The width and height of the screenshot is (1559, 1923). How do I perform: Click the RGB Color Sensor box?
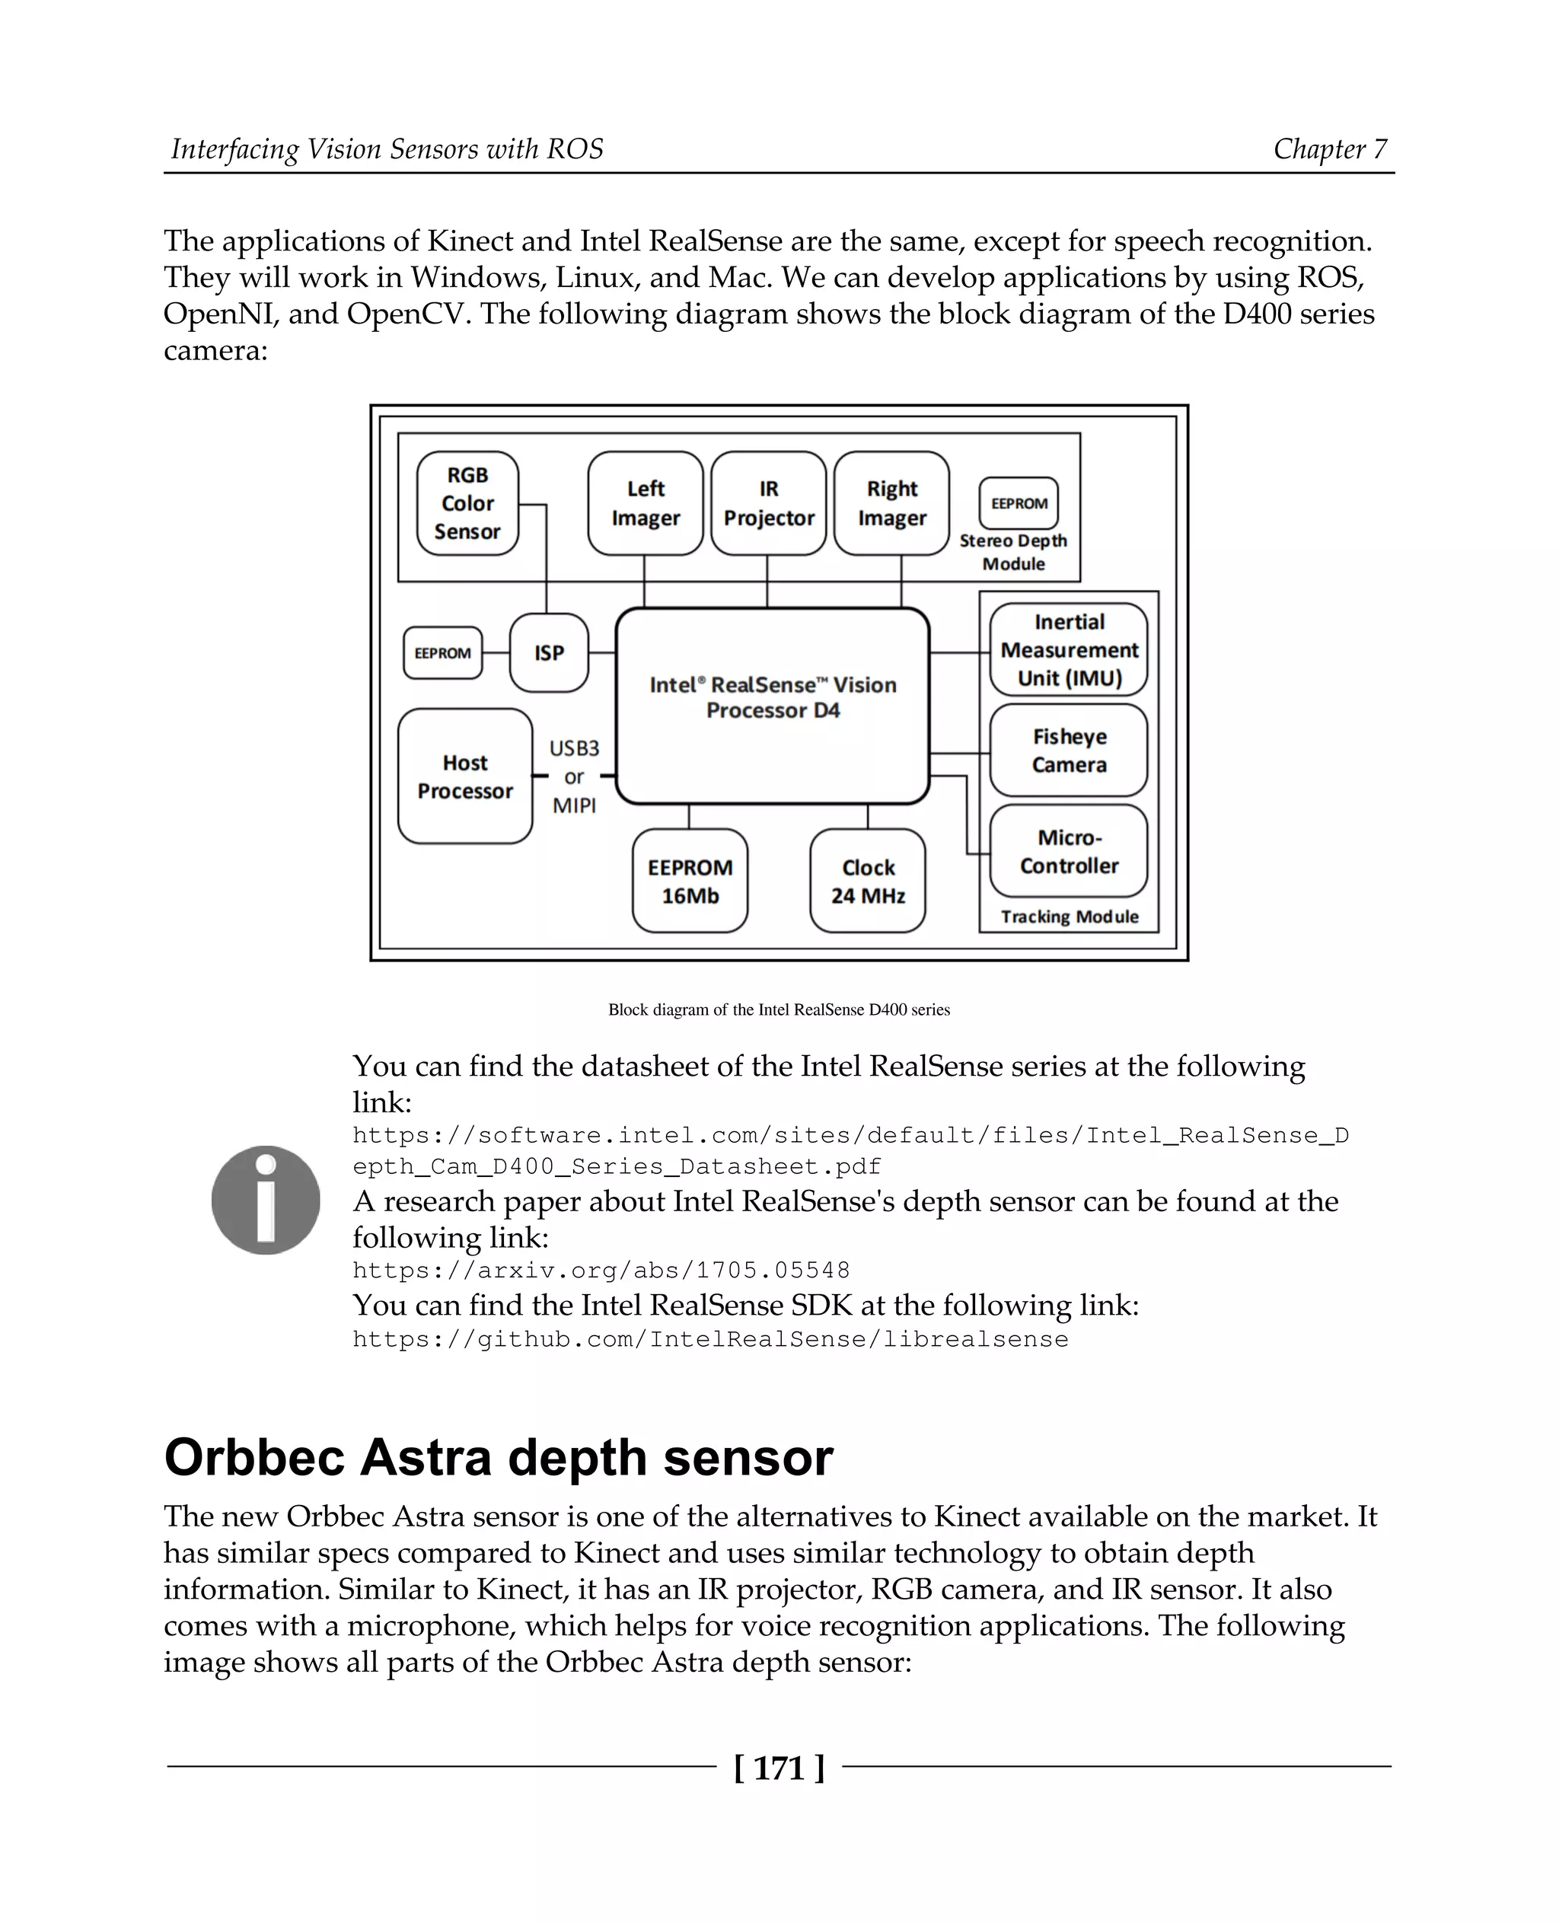coord(467,503)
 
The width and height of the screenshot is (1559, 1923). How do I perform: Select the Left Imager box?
coord(645,503)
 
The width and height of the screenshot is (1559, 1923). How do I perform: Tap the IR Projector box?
coord(768,503)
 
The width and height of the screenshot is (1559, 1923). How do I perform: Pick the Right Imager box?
coord(891,503)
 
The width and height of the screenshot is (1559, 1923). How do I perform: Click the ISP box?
coord(549,653)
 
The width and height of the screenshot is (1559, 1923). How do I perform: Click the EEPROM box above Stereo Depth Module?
coord(1019,503)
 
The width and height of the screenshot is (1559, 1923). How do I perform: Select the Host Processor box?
coord(464,776)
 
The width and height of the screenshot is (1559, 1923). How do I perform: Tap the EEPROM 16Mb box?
coord(690,880)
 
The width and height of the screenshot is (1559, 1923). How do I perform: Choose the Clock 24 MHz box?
coord(868,880)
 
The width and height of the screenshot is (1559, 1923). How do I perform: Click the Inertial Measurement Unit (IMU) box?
coord(1069,649)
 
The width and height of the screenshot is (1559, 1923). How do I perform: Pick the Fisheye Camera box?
coord(1069,750)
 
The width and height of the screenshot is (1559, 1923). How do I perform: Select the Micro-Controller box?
coord(1069,850)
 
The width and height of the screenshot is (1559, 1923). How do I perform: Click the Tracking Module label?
coord(1070,916)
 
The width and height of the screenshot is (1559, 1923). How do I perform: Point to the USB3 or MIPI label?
coord(574,776)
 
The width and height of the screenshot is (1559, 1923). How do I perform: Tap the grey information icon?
coord(266,1199)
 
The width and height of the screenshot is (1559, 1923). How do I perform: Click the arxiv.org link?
coord(601,1270)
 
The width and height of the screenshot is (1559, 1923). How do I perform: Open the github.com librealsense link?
coord(709,1339)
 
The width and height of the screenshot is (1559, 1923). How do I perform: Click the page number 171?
coord(779,1768)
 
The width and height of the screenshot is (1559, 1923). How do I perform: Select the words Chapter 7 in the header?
coord(1330,148)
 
